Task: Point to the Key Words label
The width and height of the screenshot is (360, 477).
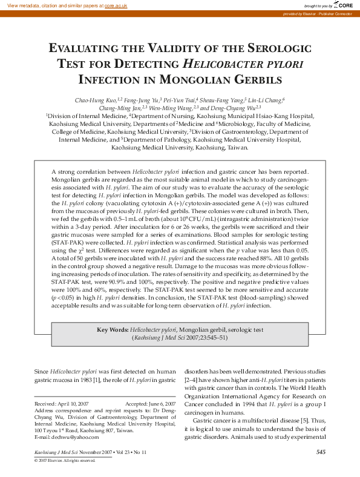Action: [x=112, y=330]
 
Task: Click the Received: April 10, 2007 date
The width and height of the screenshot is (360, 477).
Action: [x=62, y=403]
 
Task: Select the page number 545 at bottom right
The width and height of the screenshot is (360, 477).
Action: [x=321, y=452]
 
